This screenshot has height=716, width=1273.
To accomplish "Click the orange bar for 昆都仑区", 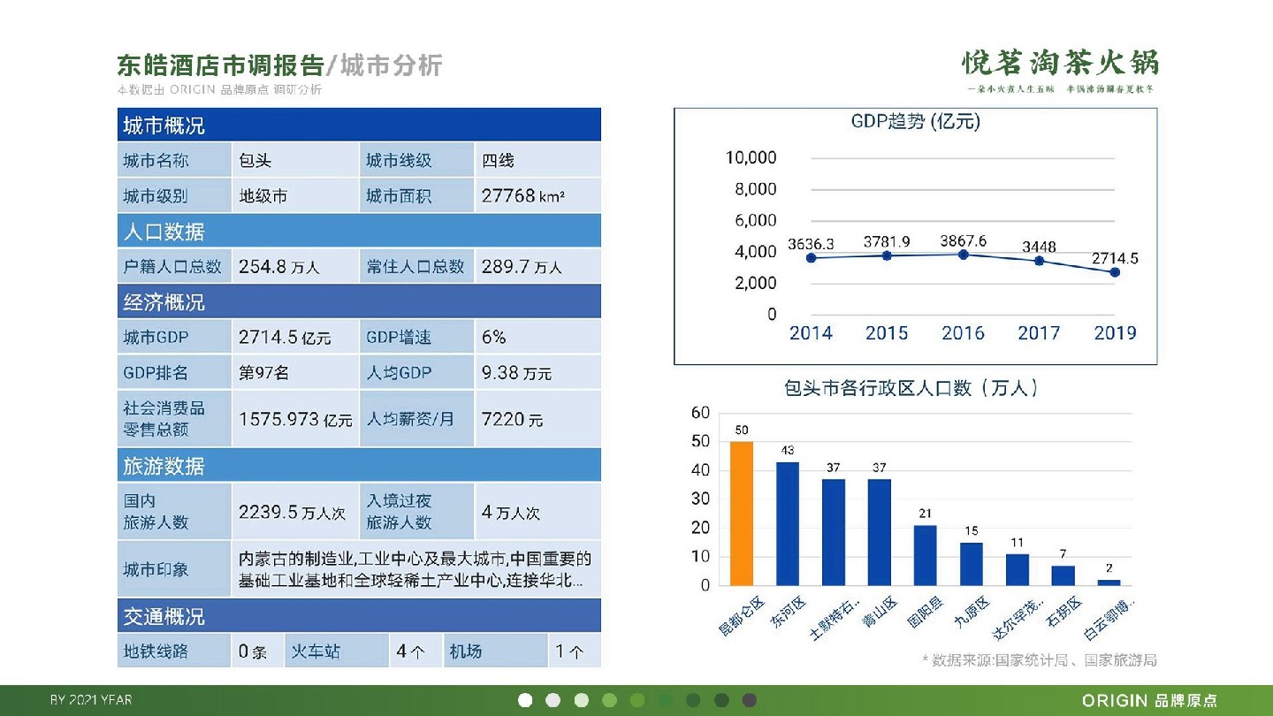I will [x=741, y=513].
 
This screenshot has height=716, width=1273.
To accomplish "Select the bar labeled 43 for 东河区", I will [x=787, y=523].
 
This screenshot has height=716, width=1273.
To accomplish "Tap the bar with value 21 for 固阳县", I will [x=925, y=555].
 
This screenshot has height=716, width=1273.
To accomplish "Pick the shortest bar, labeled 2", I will [x=1109, y=582].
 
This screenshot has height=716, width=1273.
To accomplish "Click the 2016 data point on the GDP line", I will [x=964, y=255].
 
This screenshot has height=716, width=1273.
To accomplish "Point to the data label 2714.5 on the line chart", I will [x=1115, y=259].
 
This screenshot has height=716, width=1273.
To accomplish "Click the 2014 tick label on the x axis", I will [x=811, y=333].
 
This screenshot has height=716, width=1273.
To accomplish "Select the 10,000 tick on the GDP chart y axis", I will [x=751, y=157].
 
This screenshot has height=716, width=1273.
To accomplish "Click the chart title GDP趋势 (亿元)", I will [x=915, y=122].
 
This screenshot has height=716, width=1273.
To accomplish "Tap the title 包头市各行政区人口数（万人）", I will [x=911, y=388].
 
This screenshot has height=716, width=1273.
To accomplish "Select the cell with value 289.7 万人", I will [x=522, y=266].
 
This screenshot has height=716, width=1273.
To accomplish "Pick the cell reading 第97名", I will [x=264, y=372].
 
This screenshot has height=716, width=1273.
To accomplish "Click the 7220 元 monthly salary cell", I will [x=513, y=419].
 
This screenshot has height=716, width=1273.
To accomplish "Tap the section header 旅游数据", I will [x=164, y=466].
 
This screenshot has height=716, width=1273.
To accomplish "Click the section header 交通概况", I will [x=164, y=616].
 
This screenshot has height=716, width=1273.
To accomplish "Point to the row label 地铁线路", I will [x=156, y=651].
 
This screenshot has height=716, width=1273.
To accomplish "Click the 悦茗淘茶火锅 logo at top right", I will [x=1060, y=64].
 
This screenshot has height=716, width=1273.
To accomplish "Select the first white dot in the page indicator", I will [x=525, y=700].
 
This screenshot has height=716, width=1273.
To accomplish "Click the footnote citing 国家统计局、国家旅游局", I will [x=1040, y=660].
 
